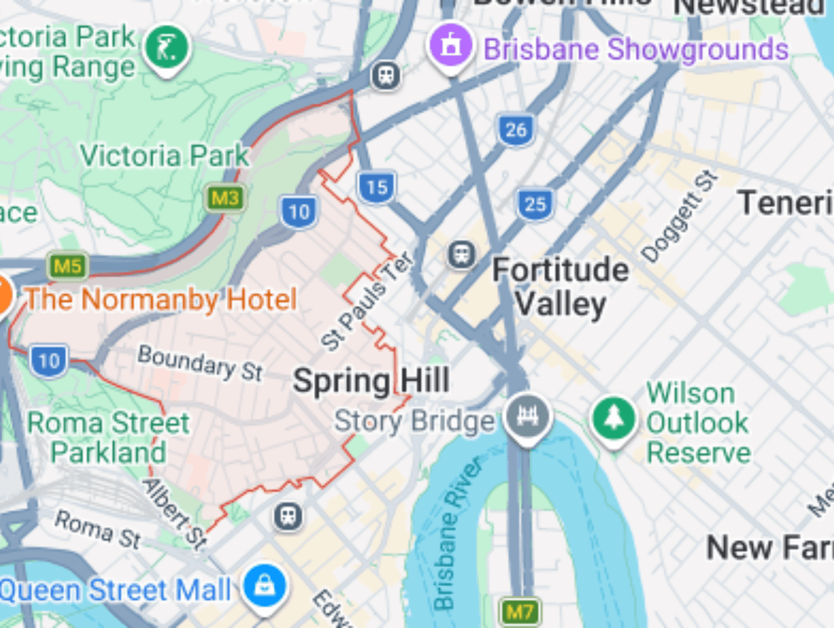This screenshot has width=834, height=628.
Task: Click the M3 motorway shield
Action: (225, 198)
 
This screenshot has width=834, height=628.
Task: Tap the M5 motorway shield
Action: (68, 266)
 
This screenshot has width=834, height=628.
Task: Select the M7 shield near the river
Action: (519, 612)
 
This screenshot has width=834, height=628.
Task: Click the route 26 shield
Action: (516, 129)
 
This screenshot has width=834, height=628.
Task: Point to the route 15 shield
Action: (376, 186)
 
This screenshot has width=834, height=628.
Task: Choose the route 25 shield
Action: (535, 204)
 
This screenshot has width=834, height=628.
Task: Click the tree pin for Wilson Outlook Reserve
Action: (614, 419)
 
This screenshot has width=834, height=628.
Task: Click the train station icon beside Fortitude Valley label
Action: (462, 255)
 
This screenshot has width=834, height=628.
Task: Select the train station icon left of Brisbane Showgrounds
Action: (386, 75)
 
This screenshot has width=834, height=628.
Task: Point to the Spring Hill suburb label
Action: (371, 381)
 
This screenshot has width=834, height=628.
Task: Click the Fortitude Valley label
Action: (560, 287)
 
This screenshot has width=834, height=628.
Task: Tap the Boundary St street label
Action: (200, 363)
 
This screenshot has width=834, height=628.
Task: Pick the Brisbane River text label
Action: (458, 533)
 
